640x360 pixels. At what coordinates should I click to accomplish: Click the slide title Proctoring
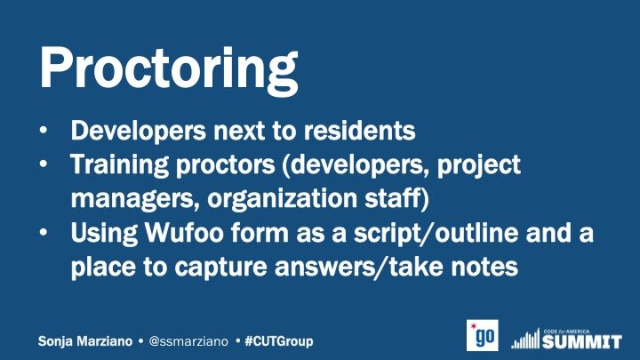pos(169,70)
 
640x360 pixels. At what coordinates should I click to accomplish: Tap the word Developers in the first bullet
pos(139,132)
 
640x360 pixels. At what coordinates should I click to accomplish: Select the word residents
pos(360,131)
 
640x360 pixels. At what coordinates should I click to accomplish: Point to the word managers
pos(135,199)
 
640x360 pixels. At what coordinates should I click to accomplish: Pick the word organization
pos(283,198)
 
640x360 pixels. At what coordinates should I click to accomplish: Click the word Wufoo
pos(185,232)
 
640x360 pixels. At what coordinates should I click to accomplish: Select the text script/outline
pos(436,234)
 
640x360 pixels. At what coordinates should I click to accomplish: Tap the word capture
pos(220,268)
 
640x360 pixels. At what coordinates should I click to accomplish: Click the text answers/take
pos(359,267)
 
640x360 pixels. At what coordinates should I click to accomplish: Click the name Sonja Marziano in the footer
pos(85,341)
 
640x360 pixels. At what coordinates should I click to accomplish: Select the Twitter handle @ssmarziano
pos(188,341)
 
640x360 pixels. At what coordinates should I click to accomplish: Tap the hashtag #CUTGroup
pos(279,341)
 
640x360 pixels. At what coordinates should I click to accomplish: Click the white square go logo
pos(483,335)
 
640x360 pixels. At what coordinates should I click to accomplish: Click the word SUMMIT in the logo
pos(582,341)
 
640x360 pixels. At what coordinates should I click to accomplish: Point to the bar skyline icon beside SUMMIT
pos(526,339)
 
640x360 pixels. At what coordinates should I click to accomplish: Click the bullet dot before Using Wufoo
pos(44,232)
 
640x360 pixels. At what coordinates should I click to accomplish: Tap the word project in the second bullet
pos(479,165)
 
